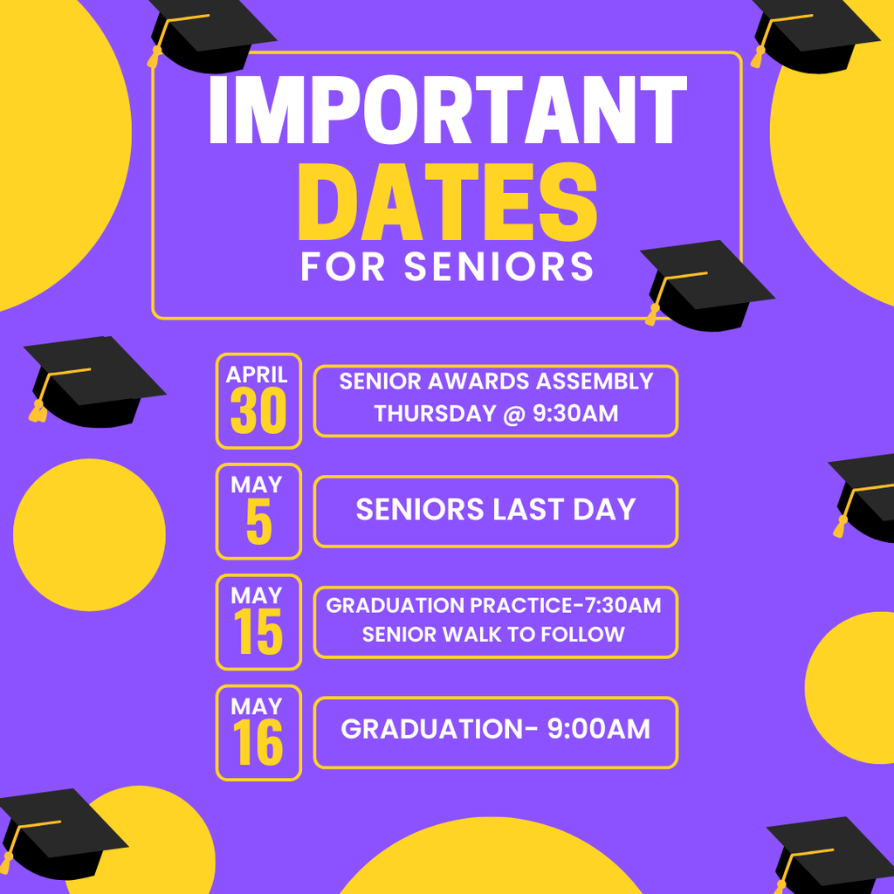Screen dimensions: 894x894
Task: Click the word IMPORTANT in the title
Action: click(448, 112)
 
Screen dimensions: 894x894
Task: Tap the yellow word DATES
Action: click(448, 205)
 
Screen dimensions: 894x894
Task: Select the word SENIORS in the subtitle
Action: click(499, 267)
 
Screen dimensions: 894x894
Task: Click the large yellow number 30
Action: click(258, 412)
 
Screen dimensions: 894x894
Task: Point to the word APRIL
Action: click(258, 375)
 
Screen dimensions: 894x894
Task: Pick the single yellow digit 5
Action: click(258, 523)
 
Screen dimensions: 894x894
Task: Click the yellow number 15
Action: click(258, 634)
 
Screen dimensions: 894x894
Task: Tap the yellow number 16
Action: click(258, 745)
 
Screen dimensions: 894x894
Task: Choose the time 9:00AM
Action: click(598, 730)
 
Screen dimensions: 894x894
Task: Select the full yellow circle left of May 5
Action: click(89, 534)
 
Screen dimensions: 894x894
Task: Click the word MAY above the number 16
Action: click(258, 706)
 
